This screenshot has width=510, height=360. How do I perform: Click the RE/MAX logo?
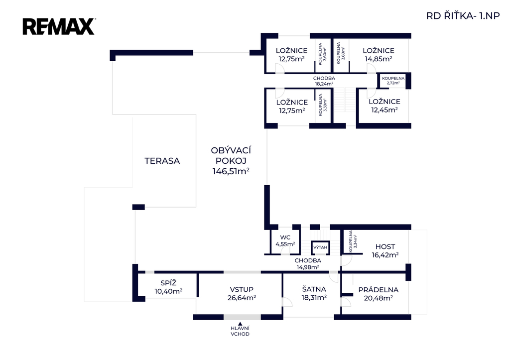[58, 26]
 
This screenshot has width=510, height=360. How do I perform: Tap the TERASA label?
[162, 161]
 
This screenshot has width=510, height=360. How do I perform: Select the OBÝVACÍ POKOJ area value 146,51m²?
[231, 172]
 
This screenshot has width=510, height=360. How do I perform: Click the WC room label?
[285, 237]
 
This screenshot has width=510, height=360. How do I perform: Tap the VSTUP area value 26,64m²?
[242, 298]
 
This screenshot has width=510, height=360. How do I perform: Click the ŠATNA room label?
[314, 289]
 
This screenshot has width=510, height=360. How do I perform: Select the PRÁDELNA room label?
[379, 289]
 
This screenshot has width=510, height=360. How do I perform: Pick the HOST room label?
[385, 246]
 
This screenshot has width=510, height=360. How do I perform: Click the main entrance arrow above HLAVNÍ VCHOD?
[240, 324]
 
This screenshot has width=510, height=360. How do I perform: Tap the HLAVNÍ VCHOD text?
[240, 331]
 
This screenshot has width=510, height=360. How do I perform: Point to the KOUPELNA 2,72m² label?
[393, 80]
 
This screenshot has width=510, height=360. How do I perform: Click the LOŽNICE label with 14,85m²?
[379, 50]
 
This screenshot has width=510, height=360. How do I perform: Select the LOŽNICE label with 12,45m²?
[384, 102]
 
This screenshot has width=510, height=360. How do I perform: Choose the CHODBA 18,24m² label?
[324, 81]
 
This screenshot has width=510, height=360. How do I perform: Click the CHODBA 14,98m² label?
[307, 263]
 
